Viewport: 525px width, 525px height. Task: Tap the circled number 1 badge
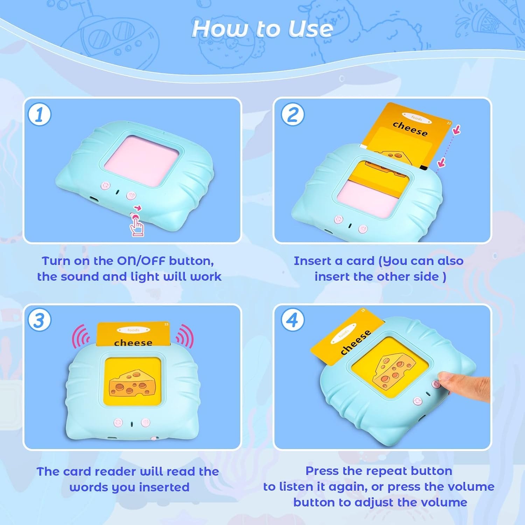(x=39, y=114)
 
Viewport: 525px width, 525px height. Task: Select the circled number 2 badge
(x=293, y=114)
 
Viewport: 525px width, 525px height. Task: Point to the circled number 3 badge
(x=39, y=320)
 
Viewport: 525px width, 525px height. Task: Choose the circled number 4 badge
(x=293, y=320)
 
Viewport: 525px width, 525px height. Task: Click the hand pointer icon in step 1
(x=137, y=226)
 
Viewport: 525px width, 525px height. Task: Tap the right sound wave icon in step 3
(x=184, y=337)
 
